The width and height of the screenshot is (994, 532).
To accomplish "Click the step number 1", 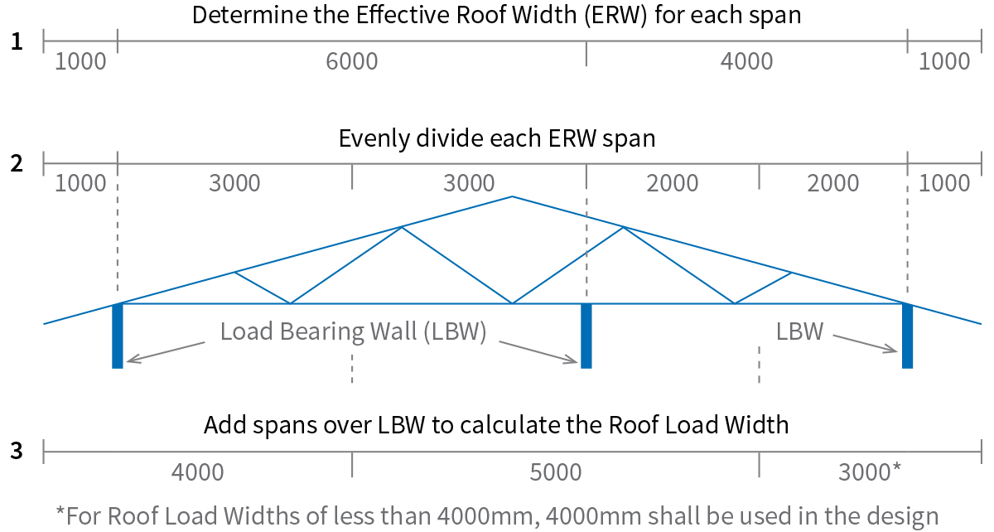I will point(17,41).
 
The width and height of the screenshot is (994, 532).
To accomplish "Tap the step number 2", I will point(17,163).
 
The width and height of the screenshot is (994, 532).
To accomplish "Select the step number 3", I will point(17,452).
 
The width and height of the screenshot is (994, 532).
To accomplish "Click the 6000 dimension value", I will point(352,62).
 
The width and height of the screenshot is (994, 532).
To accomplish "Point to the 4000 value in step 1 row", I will point(746,62).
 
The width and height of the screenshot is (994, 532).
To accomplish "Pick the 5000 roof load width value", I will point(555,473).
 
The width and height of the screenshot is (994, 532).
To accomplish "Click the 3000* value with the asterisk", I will point(870,473).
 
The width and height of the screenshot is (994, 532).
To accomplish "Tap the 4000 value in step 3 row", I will point(197,473).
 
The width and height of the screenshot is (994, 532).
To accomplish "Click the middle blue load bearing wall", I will point(586,336).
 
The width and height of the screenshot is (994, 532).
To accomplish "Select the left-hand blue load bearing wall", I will point(118,336).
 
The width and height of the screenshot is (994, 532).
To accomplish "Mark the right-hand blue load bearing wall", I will point(907,336).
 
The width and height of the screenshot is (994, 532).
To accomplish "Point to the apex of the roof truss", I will point(512,197).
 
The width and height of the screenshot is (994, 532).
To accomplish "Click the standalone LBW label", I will point(799,332).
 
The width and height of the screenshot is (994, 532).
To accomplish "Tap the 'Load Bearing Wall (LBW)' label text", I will point(353,332).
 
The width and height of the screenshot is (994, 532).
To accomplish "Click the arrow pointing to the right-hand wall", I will point(866,344).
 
